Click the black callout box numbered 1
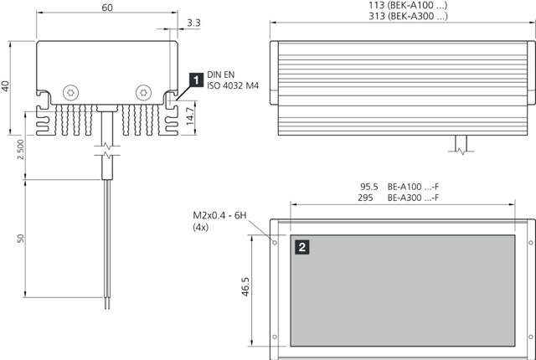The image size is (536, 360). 196,80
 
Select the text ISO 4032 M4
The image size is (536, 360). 234,85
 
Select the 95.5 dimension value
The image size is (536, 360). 369,187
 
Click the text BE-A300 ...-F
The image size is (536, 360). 414,198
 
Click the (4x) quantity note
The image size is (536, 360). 201,227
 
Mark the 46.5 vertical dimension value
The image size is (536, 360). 244,285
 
